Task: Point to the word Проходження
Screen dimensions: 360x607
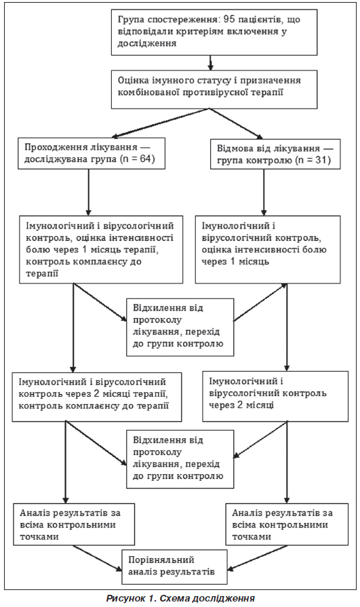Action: click(x=52, y=148)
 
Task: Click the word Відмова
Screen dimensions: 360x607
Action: click(x=235, y=149)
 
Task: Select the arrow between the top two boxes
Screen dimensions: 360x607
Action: click(x=211, y=62)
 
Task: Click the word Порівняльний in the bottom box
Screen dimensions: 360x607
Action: click(x=161, y=560)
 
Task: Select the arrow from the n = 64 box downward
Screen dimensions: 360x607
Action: click(x=89, y=192)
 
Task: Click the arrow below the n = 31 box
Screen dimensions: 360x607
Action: click(x=264, y=192)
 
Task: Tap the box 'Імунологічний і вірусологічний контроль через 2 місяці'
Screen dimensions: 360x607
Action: click(x=275, y=396)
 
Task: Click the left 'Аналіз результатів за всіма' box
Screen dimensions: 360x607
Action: click(x=74, y=524)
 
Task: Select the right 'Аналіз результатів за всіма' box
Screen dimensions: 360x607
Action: click(x=287, y=524)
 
